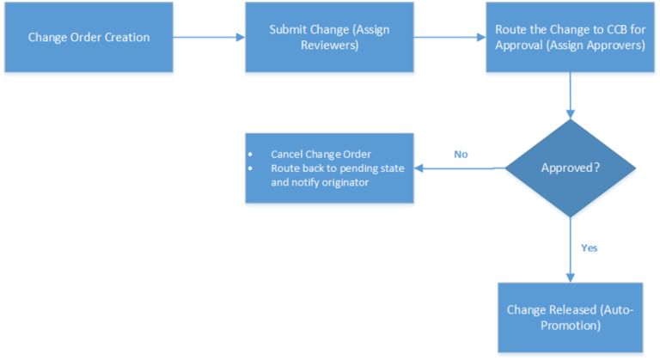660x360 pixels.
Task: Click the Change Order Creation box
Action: click(x=89, y=37)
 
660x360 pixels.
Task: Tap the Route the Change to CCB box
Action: click(x=570, y=37)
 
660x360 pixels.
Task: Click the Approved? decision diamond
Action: click(x=570, y=168)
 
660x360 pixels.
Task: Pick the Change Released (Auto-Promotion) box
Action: click(x=570, y=316)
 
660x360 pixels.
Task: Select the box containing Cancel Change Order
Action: click(x=329, y=168)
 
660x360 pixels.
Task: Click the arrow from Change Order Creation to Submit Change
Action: click(x=209, y=37)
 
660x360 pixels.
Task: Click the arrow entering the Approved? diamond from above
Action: click(x=570, y=95)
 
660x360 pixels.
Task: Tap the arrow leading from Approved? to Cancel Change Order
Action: click(x=460, y=168)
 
